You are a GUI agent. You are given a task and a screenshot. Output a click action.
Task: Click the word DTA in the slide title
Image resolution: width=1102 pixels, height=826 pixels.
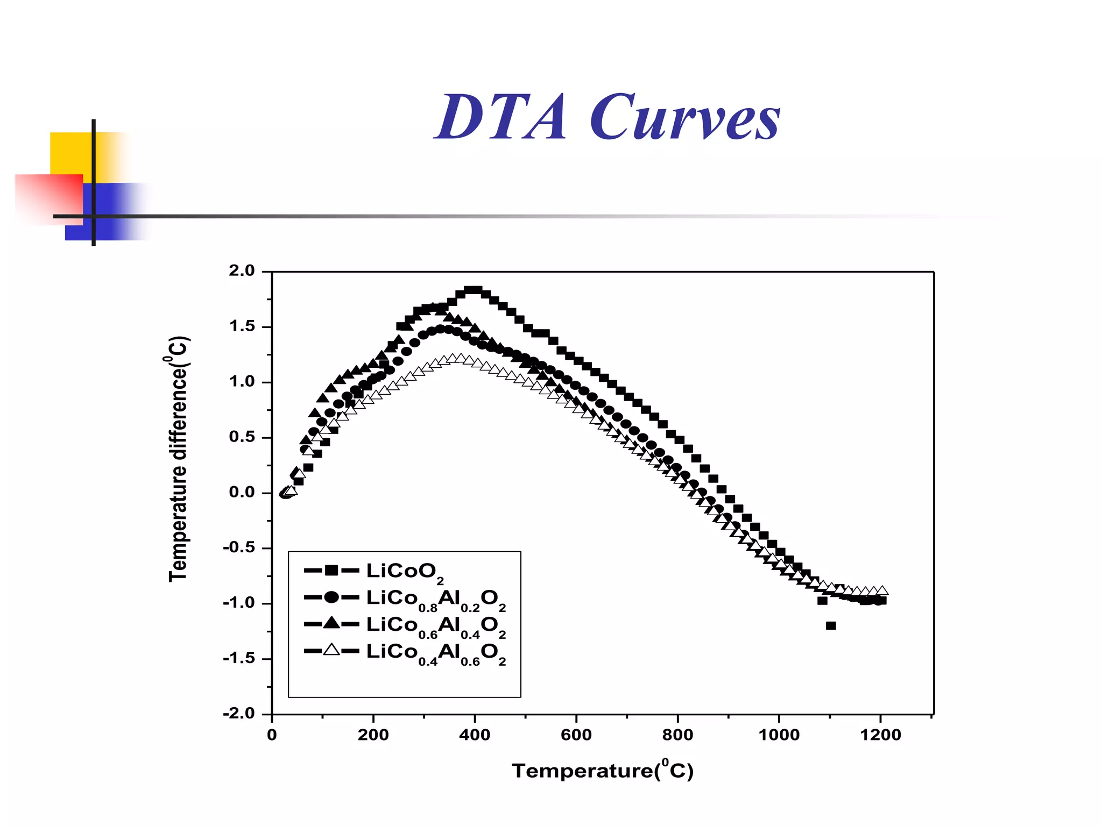[500, 117]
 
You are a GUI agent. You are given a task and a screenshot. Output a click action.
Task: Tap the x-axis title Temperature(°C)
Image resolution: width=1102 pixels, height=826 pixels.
[603, 771]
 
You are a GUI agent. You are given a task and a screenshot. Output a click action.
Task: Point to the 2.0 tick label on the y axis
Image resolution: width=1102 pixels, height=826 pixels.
[242, 270]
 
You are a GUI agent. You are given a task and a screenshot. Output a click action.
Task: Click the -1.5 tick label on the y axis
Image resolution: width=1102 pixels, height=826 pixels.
[239, 658]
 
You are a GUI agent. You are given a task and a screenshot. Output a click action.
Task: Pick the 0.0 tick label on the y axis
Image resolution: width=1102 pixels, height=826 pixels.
[242, 492]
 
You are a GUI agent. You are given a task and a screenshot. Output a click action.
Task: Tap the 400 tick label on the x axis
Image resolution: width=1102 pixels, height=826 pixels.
[475, 735]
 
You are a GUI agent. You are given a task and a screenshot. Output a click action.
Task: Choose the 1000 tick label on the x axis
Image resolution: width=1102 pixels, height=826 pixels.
[779, 735]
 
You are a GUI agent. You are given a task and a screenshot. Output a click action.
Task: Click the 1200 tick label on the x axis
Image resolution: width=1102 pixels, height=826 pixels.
[880, 735]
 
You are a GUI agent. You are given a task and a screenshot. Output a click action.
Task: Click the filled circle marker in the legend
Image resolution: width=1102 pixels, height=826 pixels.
[331, 597]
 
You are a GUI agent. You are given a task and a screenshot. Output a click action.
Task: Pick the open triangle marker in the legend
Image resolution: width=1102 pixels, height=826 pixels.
[331, 650]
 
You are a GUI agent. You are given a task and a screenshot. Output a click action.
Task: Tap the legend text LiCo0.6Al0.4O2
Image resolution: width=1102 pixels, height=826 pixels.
[436, 626]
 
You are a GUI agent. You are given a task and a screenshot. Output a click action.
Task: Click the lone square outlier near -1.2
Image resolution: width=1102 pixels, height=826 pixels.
[831, 625]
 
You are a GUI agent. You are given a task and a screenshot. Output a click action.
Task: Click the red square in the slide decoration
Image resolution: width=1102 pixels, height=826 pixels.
[48, 196]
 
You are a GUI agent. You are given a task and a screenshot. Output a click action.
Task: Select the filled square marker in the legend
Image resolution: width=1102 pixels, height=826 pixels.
[331, 570]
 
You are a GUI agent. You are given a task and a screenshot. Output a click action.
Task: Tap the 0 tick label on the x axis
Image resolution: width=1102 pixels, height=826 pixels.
[272, 735]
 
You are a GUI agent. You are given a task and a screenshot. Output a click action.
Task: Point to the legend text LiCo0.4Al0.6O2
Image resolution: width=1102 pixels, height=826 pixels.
[436, 653]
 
